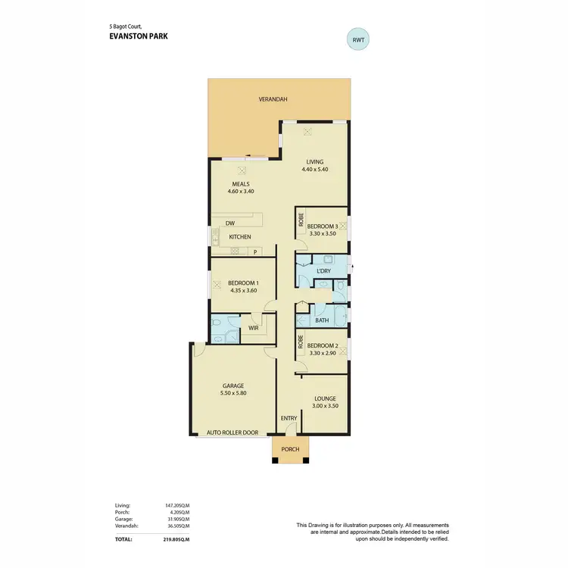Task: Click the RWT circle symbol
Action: (x=359, y=39)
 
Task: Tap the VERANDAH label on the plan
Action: (x=273, y=99)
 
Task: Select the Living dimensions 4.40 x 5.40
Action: (x=314, y=170)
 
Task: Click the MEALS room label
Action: (x=241, y=183)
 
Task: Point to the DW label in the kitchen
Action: (x=229, y=223)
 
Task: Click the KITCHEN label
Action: (x=240, y=237)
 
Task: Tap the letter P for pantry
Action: (x=255, y=252)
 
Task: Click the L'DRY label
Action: (x=324, y=270)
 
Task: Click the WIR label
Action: (x=254, y=327)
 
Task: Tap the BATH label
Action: (x=322, y=320)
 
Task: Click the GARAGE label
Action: (x=233, y=385)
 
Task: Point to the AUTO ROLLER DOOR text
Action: (x=233, y=433)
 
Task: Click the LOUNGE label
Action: (x=325, y=398)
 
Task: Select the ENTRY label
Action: (x=289, y=418)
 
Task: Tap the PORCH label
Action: (x=291, y=449)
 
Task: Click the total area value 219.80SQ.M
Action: (x=176, y=539)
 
